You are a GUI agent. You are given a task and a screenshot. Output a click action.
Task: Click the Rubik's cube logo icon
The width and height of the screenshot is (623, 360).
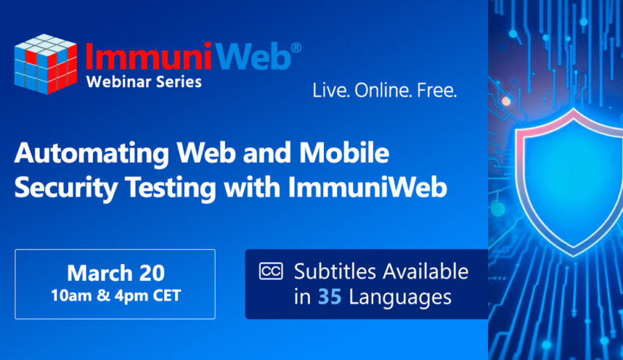pyautogui.click(x=45, y=64)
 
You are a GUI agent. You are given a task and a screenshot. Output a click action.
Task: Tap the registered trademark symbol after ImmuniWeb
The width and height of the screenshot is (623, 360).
pyautogui.click(x=296, y=48)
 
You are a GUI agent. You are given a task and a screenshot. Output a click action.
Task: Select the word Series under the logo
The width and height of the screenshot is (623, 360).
pyautogui.click(x=179, y=82)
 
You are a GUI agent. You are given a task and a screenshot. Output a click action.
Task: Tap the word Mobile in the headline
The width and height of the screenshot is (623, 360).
pyautogui.click(x=344, y=153)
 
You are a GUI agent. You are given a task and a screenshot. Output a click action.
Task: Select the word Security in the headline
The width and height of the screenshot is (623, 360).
pyautogui.click(x=66, y=188)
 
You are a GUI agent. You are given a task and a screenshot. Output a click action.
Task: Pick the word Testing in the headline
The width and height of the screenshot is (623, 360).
pyautogui.click(x=171, y=188)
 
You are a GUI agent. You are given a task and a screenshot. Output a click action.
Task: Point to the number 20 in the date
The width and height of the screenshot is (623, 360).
pyautogui.click(x=152, y=273)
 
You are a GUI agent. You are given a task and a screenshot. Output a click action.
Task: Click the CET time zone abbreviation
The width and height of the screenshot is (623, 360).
pyautogui.click(x=167, y=295)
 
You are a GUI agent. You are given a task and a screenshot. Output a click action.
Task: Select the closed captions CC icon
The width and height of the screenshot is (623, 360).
pyautogui.click(x=271, y=271)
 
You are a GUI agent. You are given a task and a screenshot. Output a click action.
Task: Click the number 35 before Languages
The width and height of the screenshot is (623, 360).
pyautogui.click(x=330, y=297)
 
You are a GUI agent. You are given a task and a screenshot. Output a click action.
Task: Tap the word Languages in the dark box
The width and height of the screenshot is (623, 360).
pyautogui.click(x=400, y=298)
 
